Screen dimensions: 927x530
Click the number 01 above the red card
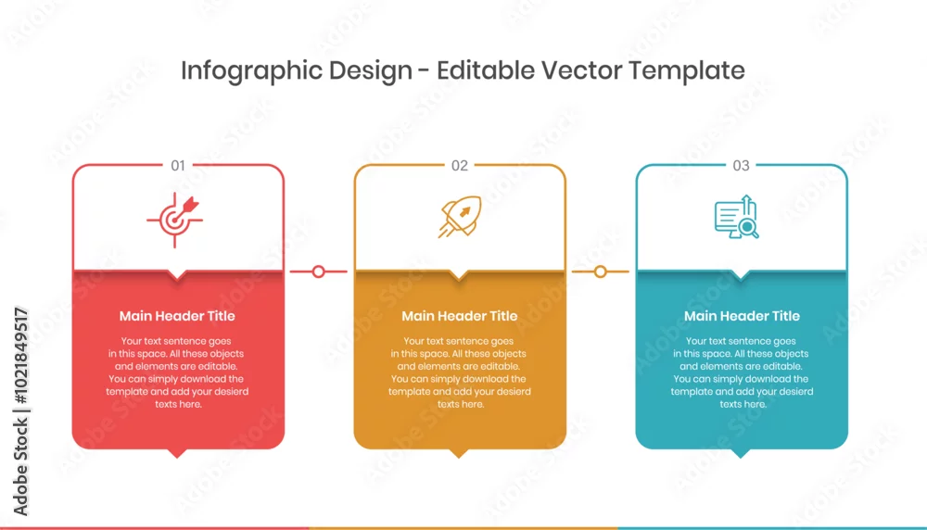pyautogui.click(x=178, y=166)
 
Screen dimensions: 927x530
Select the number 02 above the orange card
pyautogui.click(x=460, y=166)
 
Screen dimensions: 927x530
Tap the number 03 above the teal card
pyautogui.click(x=741, y=166)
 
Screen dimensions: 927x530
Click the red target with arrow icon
pyautogui.click(x=174, y=220)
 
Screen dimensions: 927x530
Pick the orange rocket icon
pyautogui.click(x=460, y=217)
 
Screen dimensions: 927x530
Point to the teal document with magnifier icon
pyautogui.click(x=737, y=217)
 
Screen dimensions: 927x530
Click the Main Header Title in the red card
pyautogui.click(x=177, y=316)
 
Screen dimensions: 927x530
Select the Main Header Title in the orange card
pyautogui.click(x=460, y=316)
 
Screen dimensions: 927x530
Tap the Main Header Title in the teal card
pyautogui.click(x=742, y=316)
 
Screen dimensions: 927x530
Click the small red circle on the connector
pyautogui.click(x=319, y=271)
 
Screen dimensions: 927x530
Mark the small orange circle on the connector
pyautogui.click(x=601, y=271)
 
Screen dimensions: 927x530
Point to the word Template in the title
pyautogui.click(x=686, y=71)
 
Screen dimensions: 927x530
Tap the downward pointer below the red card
pyautogui.click(x=177, y=452)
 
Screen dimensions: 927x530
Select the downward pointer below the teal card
pyautogui.click(x=741, y=452)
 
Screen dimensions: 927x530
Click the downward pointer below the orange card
pyautogui.click(x=459, y=452)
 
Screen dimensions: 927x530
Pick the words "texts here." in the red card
pyautogui.click(x=179, y=404)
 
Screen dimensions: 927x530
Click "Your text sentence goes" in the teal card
pyautogui.click(x=741, y=341)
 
